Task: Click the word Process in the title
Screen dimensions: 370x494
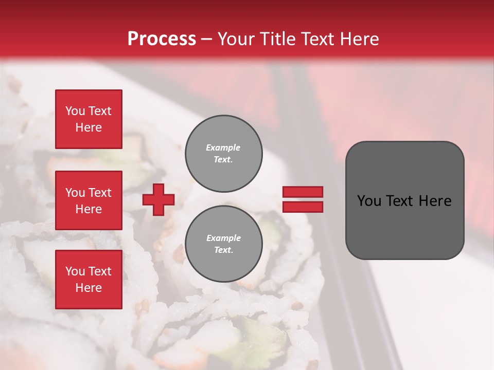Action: point(162,39)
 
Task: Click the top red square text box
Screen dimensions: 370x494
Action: point(89,119)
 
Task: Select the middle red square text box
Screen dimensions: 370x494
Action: point(89,200)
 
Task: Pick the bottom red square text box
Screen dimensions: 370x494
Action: point(89,280)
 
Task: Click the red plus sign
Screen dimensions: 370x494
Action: point(158,199)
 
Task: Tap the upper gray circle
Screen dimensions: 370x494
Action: point(223,154)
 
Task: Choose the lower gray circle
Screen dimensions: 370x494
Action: point(223,244)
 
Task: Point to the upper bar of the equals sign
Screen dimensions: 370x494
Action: point(303,192)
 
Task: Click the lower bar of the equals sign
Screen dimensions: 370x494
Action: point(303,207)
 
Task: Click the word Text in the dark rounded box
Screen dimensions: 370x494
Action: point(400,201)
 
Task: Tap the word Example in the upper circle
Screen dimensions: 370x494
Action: point(223,147)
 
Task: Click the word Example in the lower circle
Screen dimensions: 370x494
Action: point(223,238)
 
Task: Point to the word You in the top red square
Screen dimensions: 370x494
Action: point(75,111)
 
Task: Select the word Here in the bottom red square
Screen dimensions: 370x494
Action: point(89,288)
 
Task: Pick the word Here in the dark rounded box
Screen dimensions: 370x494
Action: point(435,201)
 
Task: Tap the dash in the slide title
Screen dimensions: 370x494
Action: point(206,39)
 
